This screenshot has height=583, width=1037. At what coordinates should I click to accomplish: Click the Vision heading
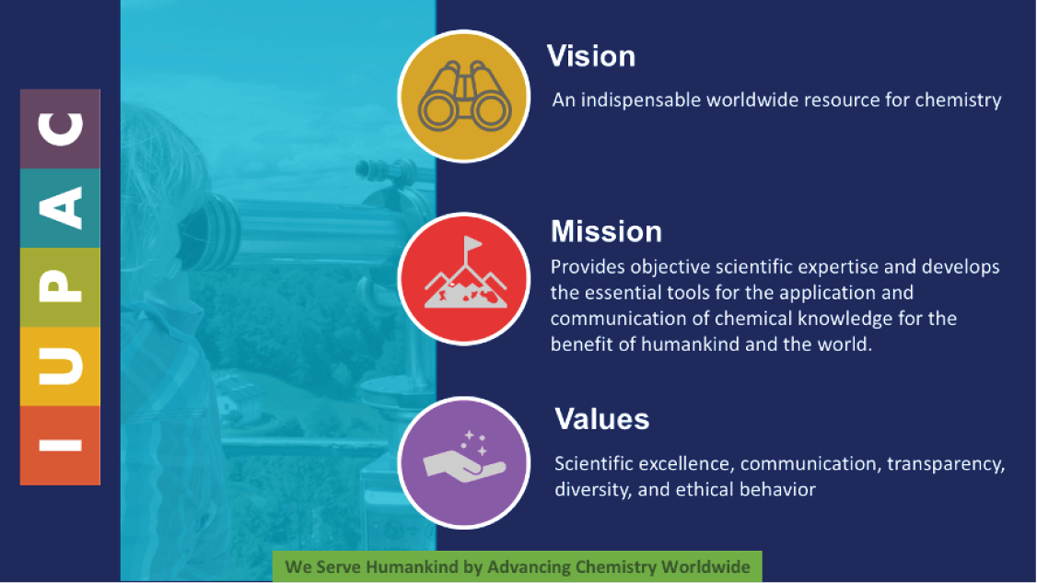pyautogui.click(x=591, y=56)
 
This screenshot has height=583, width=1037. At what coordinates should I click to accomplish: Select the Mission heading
pyautogui.click(x=607, y=231)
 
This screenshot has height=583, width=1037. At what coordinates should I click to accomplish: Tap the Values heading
pyautogui.click(x=601, y=419)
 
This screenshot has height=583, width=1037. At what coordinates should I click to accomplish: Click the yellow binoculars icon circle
pyautogui.click(x=463, y=96)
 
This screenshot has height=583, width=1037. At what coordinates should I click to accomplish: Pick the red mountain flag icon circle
pyautogui.click(x=463, y=278)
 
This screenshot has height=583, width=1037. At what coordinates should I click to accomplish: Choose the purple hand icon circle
pyautogui.click(x=463, y=462)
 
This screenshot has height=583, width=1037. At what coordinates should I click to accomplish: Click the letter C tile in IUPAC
pyautogui.click(x=60, y=129)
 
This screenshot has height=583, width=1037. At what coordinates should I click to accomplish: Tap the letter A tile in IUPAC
pyautogui.click(x=60, y=208)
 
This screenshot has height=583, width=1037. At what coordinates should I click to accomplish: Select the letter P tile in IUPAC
pyautogui.click(x=60, y=287)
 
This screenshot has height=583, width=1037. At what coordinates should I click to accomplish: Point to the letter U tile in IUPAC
pyautogui.click(x=60, y=366)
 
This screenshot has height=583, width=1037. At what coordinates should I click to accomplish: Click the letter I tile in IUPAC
pyautogui.click(x=60, y=446)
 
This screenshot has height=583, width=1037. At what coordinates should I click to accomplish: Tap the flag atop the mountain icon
pyautogui.click(x=472, y=244)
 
